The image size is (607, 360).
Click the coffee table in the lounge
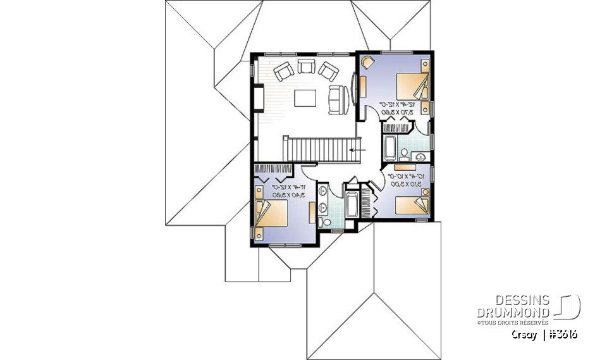[306, 98]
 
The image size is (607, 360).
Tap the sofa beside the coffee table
[336, 99]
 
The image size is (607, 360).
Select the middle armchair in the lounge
[306, 66]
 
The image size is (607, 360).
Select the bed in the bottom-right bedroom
[412, 207]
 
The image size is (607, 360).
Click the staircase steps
[319, 150]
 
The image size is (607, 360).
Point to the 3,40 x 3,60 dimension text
[287, 196]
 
